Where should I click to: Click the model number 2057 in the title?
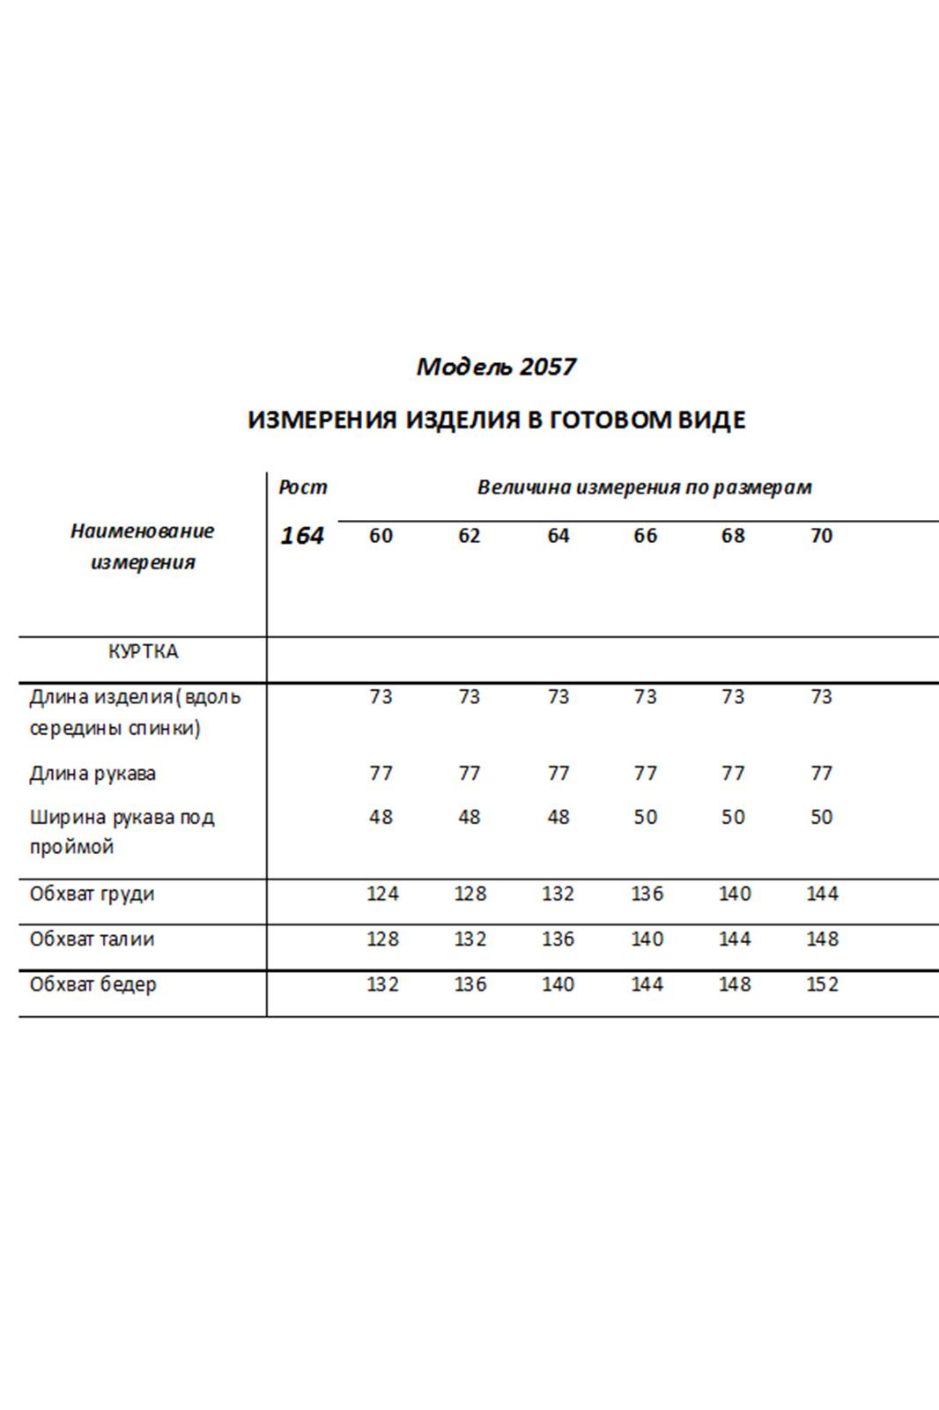click(x=547, y=367)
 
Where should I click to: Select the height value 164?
click(x=302, y=536)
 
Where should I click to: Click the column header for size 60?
click(x=381, y=536)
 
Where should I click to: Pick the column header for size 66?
click(x=645, y=536)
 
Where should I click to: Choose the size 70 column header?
click(x=821, y=536)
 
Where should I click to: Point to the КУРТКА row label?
click(x=143, y=651)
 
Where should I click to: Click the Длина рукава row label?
click(x=92, y=774)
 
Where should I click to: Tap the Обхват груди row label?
click(x=92, y=894)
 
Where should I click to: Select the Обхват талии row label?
click(x=92, y=939)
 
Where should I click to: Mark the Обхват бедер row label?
click(x=92, y=984)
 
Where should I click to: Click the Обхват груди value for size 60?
click(x=382, y=894)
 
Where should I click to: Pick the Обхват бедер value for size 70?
click(x=822, y=984)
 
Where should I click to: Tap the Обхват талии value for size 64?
click(x=558, y=939)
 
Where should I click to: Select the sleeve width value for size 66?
click(x=645, y=817)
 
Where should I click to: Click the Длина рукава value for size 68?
click(x=733, y=774)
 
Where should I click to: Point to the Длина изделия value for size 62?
click(x=469, y=697)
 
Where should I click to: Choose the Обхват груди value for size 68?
click(x=734, y=894)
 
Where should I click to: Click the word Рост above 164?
click(x=302, y=487)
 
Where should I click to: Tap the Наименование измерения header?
click(x=142, y=546)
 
